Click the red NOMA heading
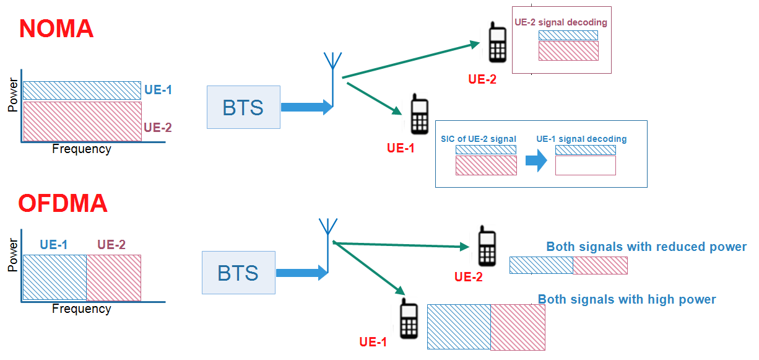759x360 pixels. point(56,29)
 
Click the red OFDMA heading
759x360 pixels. point(63,203)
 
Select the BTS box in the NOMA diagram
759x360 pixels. point(243,107)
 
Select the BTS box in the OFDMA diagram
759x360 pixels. point(238,273)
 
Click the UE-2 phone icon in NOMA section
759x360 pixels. point(497,43)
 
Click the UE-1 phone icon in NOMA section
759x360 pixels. point(419,115)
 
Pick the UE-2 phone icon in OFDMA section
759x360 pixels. point(487,246)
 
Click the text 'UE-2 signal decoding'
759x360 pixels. point(561,22)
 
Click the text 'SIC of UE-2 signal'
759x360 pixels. point(478,139)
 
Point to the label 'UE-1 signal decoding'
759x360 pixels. point(581,139)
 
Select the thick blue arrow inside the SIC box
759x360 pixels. point(536,160)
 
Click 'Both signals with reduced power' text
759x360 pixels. point(646,247)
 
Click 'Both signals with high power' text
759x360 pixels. point(627,299)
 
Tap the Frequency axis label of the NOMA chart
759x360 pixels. point(82,149)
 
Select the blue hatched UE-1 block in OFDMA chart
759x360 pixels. point(54,277)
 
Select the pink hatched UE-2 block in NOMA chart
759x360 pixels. point(82,121)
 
